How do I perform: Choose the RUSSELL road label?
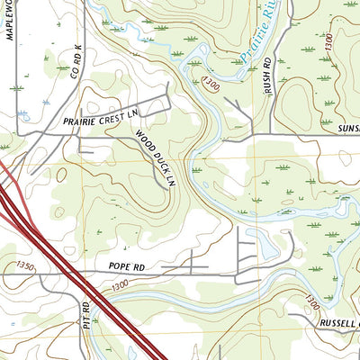[337, 322]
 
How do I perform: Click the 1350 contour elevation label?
[26, 265]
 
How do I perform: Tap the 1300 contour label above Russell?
[310, 301]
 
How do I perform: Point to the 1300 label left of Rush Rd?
[211, 84]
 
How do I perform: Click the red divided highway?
[72, 270]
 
